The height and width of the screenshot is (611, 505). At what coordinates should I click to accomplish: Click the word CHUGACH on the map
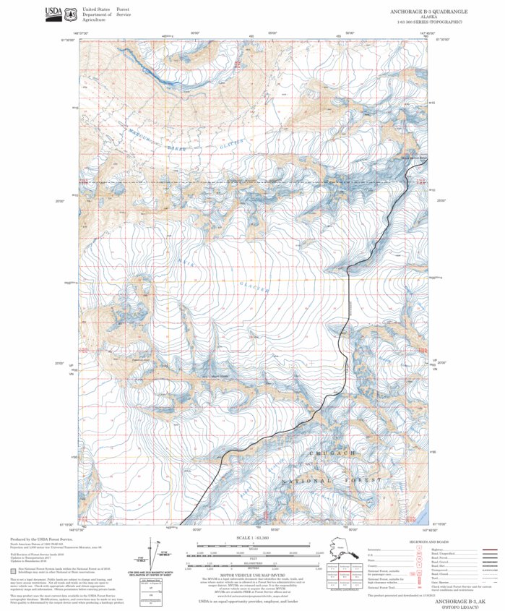[x=332, y=453]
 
